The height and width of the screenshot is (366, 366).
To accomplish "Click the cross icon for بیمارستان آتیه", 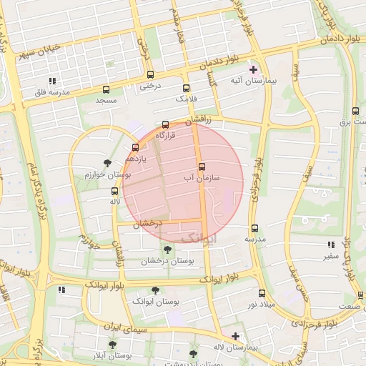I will (x=253, y=70).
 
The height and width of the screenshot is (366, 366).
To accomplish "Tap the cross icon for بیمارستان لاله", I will (x=235, y=335).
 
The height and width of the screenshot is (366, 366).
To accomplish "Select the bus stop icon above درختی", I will (x=149, y=74).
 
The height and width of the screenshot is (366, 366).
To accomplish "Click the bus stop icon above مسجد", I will (x=107, y=89).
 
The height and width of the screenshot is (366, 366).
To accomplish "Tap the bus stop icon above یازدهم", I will (x=135, y=148).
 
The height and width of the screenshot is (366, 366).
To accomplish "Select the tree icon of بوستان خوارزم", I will (x=107, y=163).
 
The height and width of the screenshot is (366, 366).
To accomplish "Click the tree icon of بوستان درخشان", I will (x=167, y=249).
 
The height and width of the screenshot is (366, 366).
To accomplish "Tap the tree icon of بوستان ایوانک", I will (x=155, y=290).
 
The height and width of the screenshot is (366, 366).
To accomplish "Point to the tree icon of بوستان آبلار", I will (x=112, y=344).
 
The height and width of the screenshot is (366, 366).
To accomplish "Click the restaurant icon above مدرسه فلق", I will (x=51, y=81).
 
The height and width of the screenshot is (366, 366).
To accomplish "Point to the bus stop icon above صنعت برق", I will (x=356, y=111).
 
